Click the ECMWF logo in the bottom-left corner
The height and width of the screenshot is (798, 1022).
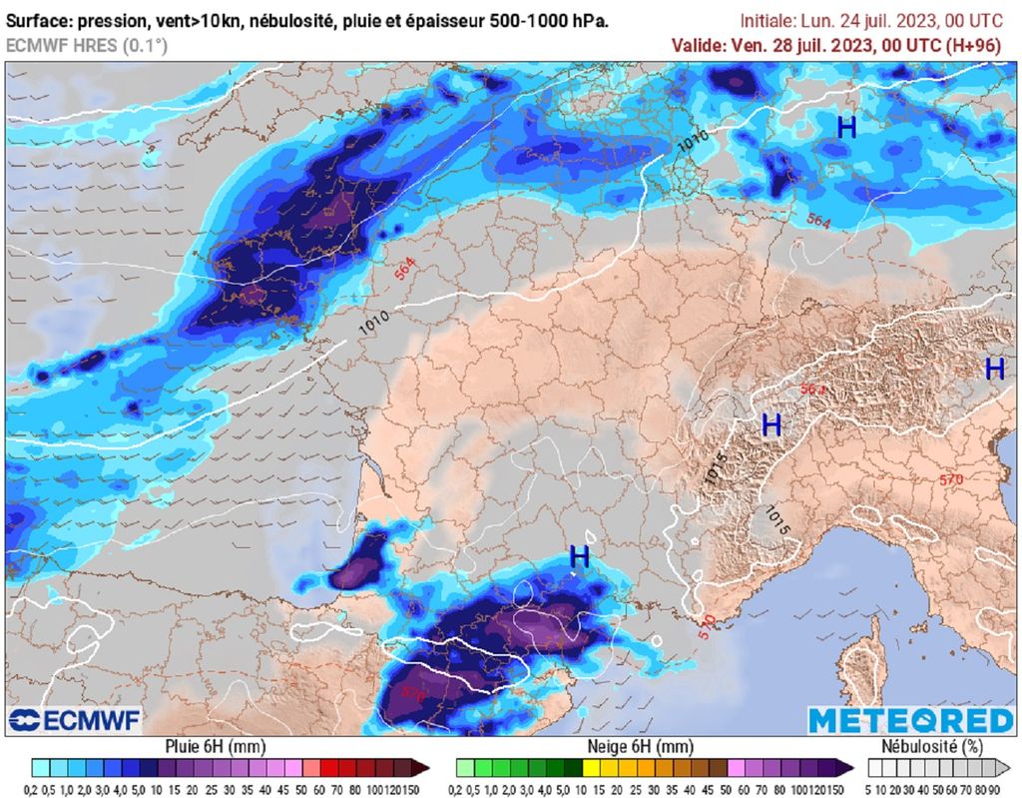75,720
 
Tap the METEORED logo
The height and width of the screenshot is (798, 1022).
909,720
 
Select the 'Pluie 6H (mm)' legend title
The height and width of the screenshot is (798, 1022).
216,746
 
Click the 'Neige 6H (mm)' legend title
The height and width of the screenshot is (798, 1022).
644,746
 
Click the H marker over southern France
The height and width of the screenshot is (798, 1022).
579,557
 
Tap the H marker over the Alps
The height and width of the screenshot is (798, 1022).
770,425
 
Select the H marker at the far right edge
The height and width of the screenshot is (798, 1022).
994,369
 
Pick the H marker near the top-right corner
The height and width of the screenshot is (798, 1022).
846,127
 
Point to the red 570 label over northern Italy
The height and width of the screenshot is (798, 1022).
950,480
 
